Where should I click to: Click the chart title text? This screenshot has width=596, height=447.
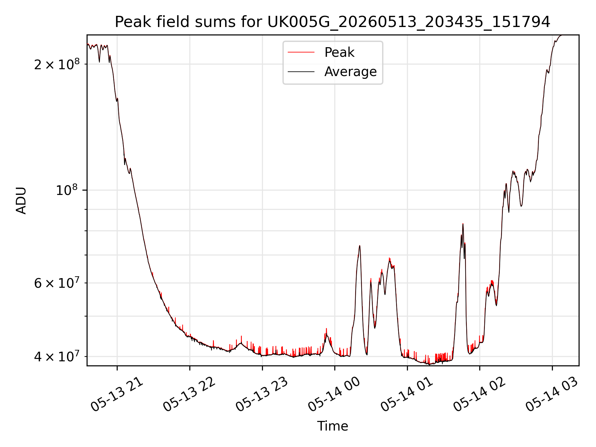point(332,22)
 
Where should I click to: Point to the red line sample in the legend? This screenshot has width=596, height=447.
point(301,52)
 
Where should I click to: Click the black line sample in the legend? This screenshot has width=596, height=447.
point(301,72)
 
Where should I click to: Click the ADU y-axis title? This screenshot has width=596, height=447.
point(21,201)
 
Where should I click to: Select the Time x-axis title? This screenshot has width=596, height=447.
point(332,426)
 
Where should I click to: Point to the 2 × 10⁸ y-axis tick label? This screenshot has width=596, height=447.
point(57,64)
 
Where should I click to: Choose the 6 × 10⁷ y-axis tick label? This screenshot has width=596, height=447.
point(57,283)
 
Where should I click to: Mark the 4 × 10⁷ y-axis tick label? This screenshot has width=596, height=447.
point(57,356)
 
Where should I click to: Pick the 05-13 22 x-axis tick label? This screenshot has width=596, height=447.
point(189,394)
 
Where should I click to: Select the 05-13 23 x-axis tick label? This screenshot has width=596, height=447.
point(262,394)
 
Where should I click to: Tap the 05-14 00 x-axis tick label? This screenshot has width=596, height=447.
point(334,394)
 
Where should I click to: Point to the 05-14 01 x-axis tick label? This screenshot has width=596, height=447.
point(407,394)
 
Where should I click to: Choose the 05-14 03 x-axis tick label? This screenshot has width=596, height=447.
point(552,394)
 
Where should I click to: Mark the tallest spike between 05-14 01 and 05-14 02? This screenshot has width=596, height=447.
point(463,224)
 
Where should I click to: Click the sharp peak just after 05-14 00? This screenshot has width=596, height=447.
point(359,246)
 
